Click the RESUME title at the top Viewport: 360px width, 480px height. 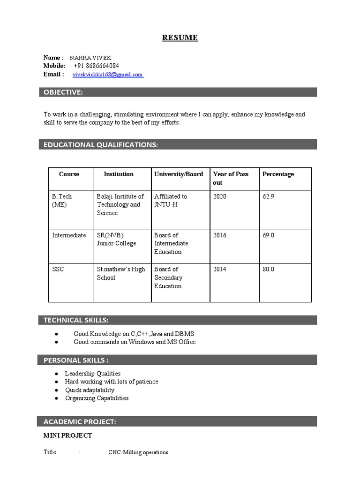pyautogui.click(x=180, y=37)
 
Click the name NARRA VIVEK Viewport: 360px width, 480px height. pyautogui.click(x=90, y=58)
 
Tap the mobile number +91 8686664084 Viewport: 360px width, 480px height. pyautogui.click(x=96, y=66)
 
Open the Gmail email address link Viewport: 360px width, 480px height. pyautogui.click(x=107, y=75)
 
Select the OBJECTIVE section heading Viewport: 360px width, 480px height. pyautogui.click(x=63, y=92)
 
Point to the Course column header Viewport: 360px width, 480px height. pyautogui.click(x=69, y=174)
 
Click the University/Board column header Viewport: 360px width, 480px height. pyautogui.click(x=179, y=174)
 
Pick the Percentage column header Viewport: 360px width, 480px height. pyautogui.click(x=278, y=174)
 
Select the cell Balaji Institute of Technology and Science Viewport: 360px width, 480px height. pyautogui.click(x=120, y=205)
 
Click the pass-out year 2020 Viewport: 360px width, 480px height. pyautogui.click(x=219, y=197)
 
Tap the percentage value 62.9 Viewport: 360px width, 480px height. pyautogui.click(x=269, y=197)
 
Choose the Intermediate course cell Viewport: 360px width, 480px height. pyautogui.click(x=69, y=235)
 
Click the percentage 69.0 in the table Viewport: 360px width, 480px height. pyautogui.click(x=269, y=235)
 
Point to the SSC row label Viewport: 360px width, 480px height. pyautogui.click(x=58, y=270)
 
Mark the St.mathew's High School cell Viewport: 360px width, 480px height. pyautogui.click(x=121, y=274)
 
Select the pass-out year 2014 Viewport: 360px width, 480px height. pyautogui.click(x=219, y=270)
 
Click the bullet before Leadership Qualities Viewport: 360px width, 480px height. pyautogui.click(x=56, y=374)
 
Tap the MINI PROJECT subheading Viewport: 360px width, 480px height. pyautogui.click(x=67, y=436)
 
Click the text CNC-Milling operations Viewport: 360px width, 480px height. pyautogui.click(x=138, y=453)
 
